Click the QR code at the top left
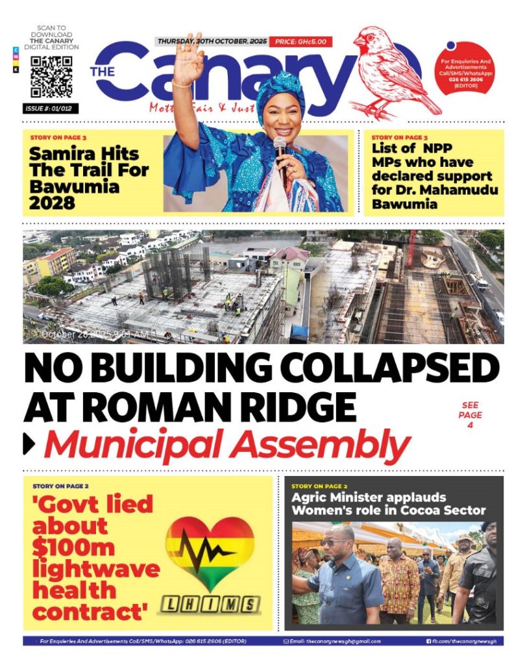click(x=52, y=77)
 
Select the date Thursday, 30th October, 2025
click(x=210, y=42)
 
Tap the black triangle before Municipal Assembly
click(x=29, y=444)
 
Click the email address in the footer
click(x=333, y=641)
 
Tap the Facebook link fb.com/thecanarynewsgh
click(x=463, y=641)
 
